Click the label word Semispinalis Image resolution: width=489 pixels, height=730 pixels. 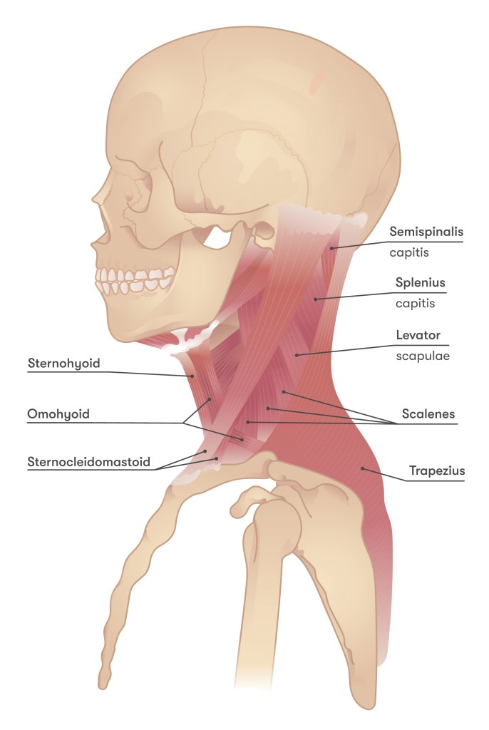pyautogui.click(x=426, y=232)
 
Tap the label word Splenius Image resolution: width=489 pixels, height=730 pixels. pyautogui.click(x=421, y=283)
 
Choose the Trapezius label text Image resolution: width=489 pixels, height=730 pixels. pyautogui.click(x=436, y=471)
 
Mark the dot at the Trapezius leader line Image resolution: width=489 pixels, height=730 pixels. pyautogui.click(x=362, y=468)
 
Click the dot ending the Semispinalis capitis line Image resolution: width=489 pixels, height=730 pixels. pyautogui.click(x=331, y=247)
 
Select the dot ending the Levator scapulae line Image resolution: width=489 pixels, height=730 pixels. pyautogui.click(x=298, y=354)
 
